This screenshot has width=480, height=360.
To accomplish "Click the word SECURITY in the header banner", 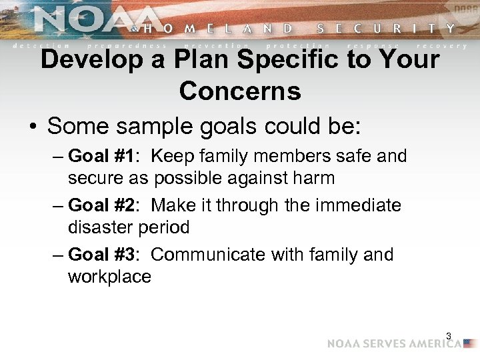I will click(387, 29).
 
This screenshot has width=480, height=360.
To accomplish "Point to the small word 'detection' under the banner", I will click(33, 45).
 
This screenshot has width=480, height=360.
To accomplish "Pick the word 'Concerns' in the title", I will click(240, 91).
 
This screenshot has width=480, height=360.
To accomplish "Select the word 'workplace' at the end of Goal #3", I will click(109, 277).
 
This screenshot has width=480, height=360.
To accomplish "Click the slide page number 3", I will click(449, 337).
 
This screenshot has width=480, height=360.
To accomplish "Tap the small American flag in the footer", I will click(471, 344).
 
